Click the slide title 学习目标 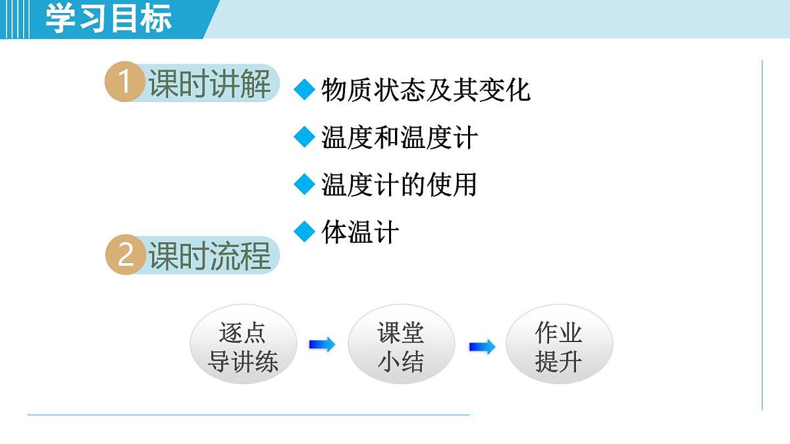[x=109, y=18]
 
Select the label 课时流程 [x=209, y=256]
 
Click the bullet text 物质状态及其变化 [x=425, y=90]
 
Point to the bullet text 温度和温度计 [x=399, y=137]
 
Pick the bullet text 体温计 [x=360, y=232]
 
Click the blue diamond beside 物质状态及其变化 [x=304, y=90]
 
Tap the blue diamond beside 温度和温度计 [x=304, y=137]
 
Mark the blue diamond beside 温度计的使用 [x=304, y=185]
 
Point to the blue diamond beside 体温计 [x=304, y=232]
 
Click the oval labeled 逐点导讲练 [x=243, y=346]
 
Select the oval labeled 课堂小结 [x=401, y=346]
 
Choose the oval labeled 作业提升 [x=559, y=346]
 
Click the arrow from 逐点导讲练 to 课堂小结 [x=322, y=344]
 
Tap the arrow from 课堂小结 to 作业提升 [x=482, y=346]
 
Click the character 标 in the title [x=156, y=18]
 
